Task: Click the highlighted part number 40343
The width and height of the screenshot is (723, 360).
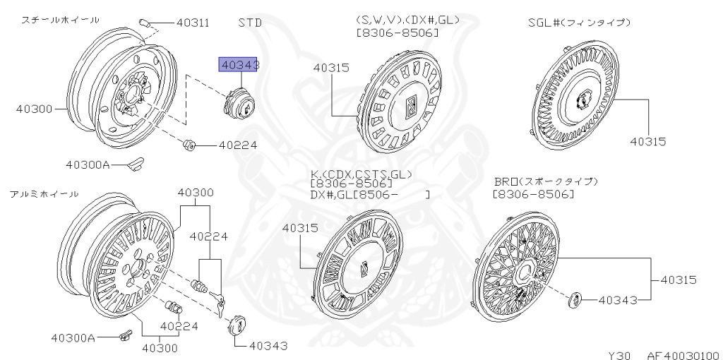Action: (239, 66)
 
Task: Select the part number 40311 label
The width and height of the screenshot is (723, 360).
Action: (193, 23)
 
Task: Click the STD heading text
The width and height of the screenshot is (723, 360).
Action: (250, 22)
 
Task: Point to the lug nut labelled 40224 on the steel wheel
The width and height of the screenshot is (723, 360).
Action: (188, 145)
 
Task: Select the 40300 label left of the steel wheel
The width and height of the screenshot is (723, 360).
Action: (34, 109)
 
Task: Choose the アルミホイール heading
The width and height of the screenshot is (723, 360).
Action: (44, 194)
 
